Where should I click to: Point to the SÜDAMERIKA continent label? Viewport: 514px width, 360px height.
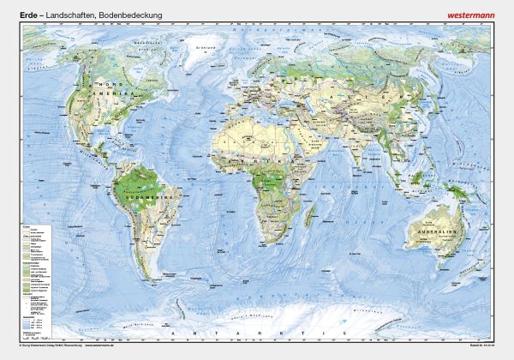coord(131,195)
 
